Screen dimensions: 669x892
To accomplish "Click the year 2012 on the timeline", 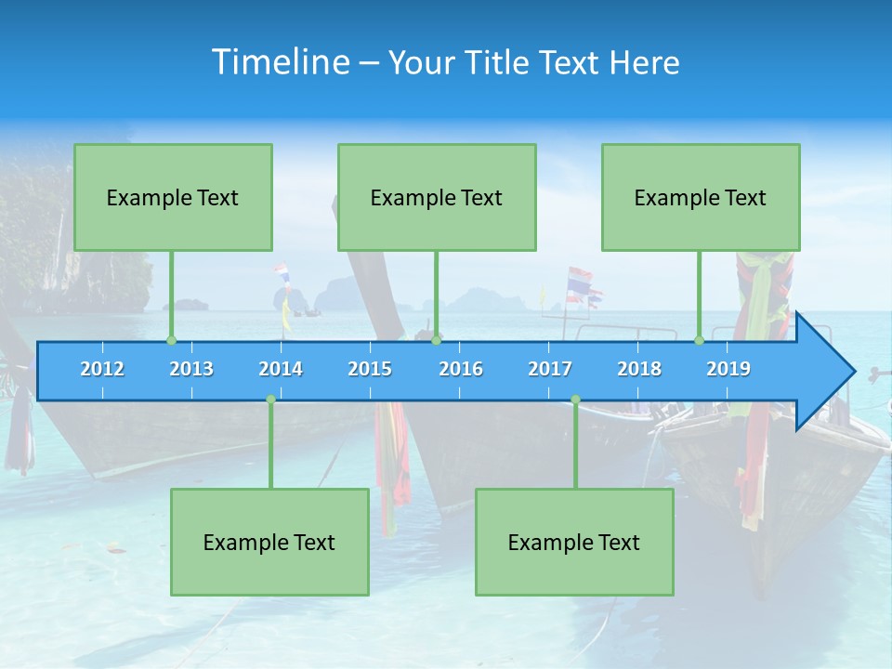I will (x=102, y=369).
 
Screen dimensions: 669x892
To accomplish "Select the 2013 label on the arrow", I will (x=191, y=369).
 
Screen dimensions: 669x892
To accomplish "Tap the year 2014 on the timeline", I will (x=281, y=369).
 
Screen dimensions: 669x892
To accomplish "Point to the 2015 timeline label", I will (x=370, y=369).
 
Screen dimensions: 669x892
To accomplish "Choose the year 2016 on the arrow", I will (x=461, y=369).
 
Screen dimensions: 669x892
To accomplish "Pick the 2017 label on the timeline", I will (x=550, y=369).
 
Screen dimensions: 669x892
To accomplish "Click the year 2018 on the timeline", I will (x=639, y=369).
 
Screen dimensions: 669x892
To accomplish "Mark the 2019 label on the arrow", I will (x=728, y=369).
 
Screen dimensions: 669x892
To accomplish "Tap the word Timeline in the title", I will (x=279, y=62).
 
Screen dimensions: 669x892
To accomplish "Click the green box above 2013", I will (x=173, y=197).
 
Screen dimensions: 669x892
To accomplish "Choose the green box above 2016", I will (x=437, y=197).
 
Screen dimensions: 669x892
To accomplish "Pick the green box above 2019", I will (x=701, y=197).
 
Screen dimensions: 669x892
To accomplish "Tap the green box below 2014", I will (x=269, y=542).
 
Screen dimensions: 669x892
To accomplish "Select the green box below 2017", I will (x=574, y=542).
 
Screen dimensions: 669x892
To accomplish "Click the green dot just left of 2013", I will (x=171, y=341).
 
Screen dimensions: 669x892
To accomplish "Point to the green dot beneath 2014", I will (x=270, y=400).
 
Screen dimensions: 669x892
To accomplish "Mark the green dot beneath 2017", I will (x=575, y=400).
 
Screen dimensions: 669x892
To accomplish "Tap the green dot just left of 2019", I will (x=699, y=341).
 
